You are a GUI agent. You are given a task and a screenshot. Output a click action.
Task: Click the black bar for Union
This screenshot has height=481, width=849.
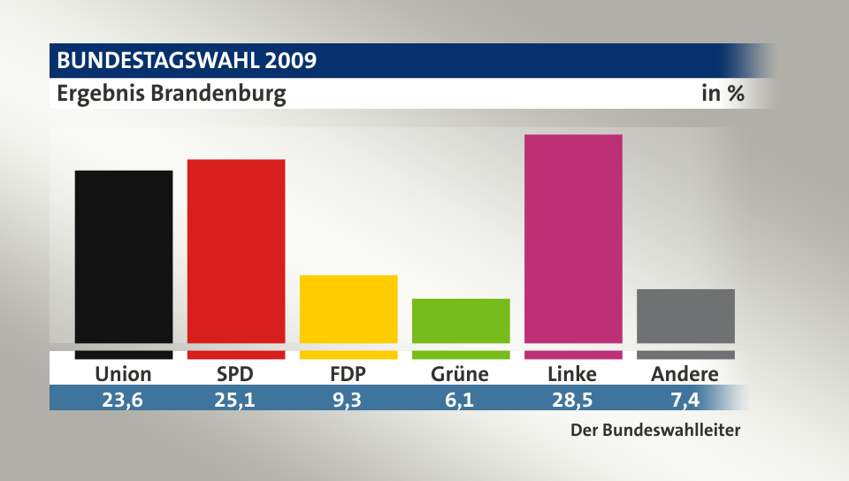[x=124, y=256]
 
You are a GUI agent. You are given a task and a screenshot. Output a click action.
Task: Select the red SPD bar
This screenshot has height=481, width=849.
[x=236, y=252]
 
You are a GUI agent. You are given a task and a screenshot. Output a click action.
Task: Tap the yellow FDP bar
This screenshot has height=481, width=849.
[x=348, y=309]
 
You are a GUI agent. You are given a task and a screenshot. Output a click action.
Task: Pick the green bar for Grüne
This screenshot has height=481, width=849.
[x=461, y=321]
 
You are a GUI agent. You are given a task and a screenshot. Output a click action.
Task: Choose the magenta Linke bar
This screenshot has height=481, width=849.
[x=573, y=239]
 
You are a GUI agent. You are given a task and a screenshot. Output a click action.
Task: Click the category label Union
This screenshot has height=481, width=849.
[x=124, y=374]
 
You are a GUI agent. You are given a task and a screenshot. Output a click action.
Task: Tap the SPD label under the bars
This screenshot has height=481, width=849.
[x=235, y=374]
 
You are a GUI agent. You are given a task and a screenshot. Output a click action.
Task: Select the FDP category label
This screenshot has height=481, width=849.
[x=348, y=374]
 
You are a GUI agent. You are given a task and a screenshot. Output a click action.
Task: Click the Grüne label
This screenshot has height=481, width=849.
[x=460, y=374]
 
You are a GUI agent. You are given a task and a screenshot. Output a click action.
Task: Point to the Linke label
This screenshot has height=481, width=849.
[x=572, y=374]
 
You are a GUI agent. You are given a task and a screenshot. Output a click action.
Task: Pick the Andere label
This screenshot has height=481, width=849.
[x=685, y=374]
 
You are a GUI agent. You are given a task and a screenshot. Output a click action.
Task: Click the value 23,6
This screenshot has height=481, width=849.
[x=124, y=399]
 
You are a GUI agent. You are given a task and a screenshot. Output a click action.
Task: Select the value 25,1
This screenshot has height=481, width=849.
[x=235, y=399]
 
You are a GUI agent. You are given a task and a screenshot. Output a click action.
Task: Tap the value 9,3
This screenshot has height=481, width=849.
[x=348, y=399]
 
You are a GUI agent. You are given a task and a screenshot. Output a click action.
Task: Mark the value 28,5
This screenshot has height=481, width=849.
[x=572, y=399]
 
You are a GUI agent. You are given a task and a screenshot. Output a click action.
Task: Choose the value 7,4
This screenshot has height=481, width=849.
[x=685, y=399]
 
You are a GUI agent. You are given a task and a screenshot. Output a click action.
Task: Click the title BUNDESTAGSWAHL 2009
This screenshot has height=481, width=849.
[x=187, y=61]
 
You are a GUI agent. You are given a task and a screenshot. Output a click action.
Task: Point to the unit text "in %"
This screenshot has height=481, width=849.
[x=723, y=94]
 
